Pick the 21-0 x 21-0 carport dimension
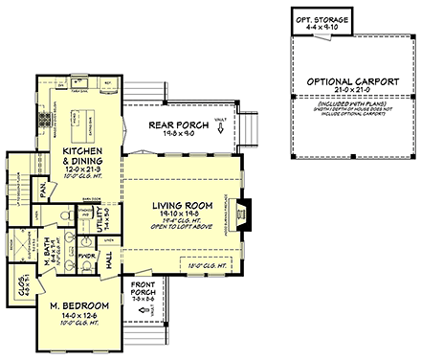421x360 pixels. click(x=351, y=94)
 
